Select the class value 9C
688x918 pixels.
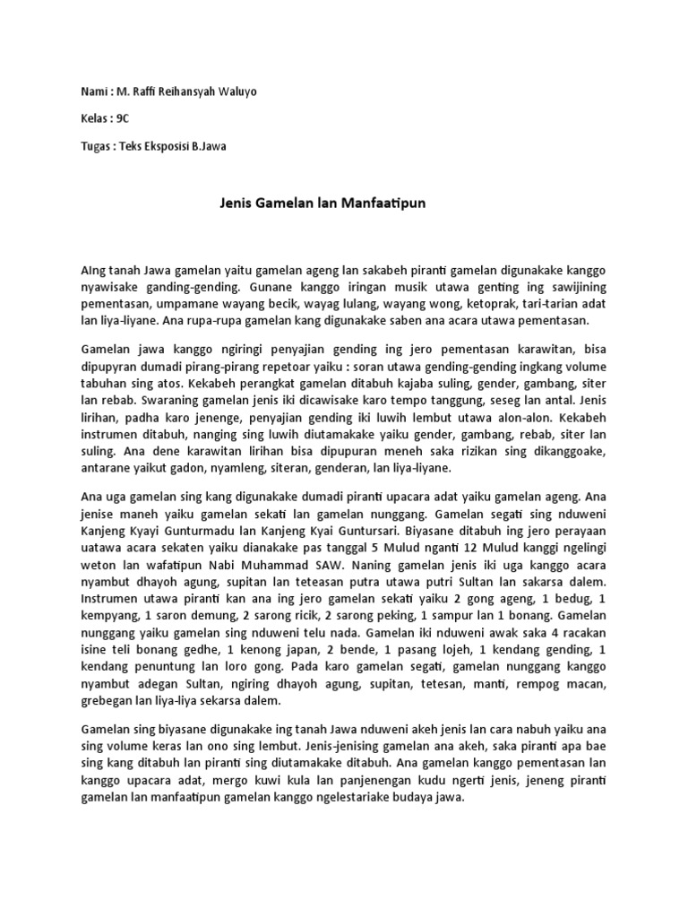coord(124,120)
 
